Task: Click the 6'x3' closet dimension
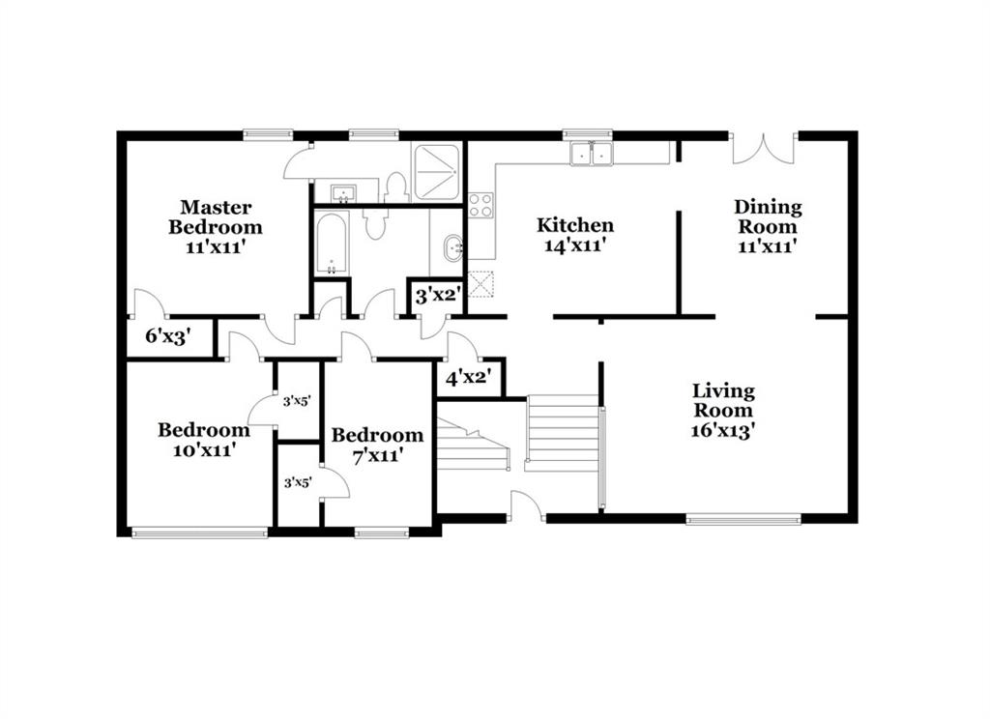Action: click(168, 336)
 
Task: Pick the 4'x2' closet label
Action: click(469, 378)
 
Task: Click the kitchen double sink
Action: click(592, 154)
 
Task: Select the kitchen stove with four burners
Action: click(480, 205)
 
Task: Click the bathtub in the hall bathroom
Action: click(332, 244)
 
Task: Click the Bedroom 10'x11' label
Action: click(204, 440)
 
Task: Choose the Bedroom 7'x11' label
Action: click(378, 445)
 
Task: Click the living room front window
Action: click(743, 520)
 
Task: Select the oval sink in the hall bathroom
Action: click(453, 248)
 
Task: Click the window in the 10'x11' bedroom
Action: click(199, 532)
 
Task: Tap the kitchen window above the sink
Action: click(587, 134)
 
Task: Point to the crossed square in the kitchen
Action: click(480, 283)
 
